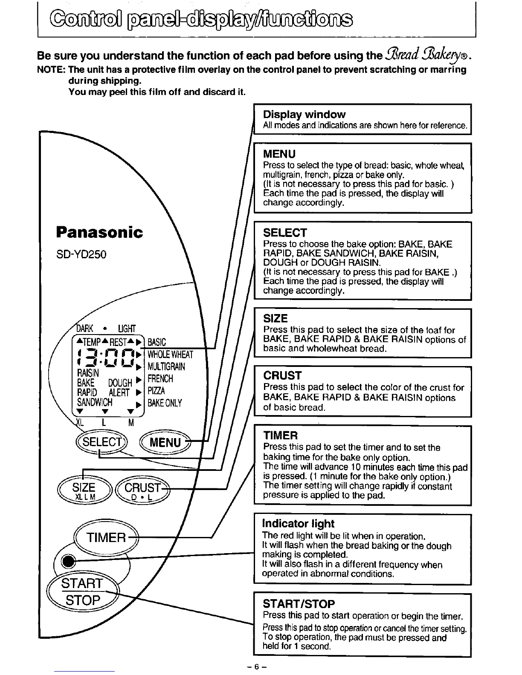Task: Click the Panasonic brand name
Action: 99,232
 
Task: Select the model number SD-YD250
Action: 81,254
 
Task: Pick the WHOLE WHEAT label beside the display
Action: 170,355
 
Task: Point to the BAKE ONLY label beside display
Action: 165,403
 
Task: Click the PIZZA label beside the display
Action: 156,391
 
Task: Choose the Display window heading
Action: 304,114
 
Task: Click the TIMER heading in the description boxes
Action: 280,436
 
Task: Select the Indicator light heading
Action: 298,523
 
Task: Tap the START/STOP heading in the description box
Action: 299,603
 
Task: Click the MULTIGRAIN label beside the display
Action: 166,366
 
